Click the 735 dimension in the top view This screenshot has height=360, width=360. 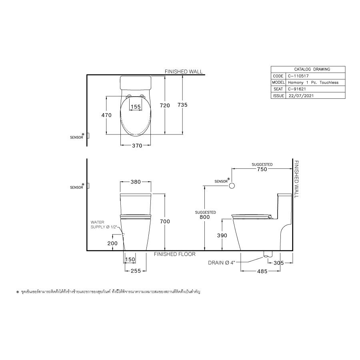tap(182, 105)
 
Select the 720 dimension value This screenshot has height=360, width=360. tap(165, 105)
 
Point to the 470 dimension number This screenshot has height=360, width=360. tap(106, 115)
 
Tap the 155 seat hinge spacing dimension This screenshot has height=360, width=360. tap(136, 106)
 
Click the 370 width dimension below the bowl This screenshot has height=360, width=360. tap(137, 146)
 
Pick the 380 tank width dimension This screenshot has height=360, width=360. tap(135, 182)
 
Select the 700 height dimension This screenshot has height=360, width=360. tap(165, 221)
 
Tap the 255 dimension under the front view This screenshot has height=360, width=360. tap(135, 271)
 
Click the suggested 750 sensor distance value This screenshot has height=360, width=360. tap(262, 169)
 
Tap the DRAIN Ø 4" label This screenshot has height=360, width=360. tap(223, 263)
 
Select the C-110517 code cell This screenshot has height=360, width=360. tap(296, 76)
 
